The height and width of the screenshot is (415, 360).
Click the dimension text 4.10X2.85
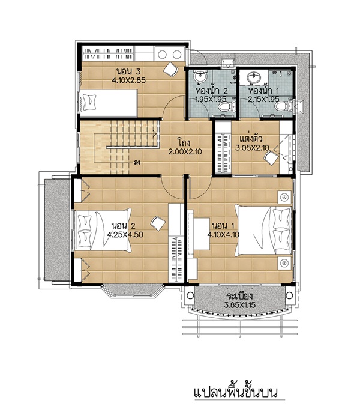[129, 80]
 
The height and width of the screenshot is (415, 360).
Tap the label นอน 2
[124, 226]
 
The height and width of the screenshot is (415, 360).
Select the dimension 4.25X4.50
[125, 234]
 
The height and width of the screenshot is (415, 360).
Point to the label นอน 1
[223, 226]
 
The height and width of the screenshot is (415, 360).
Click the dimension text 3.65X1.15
[240, 305]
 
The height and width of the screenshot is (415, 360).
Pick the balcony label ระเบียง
[240, 296]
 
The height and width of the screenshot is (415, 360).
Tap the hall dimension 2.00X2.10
[185, 152]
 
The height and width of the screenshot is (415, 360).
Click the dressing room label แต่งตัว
[251, 139]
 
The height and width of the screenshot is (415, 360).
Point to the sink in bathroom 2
[200, 77]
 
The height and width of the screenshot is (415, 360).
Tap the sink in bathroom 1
[254, 78]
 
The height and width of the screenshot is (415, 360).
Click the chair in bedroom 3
[171, 68]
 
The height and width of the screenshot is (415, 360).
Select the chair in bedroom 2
[158, 223]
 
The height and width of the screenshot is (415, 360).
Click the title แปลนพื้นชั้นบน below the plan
[236, 393]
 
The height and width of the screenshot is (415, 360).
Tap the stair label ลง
[137, 162]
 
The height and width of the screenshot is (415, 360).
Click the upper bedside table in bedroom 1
[284, 197]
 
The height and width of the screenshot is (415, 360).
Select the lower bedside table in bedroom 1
[284, 263]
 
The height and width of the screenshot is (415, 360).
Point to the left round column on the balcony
[190, 295]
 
